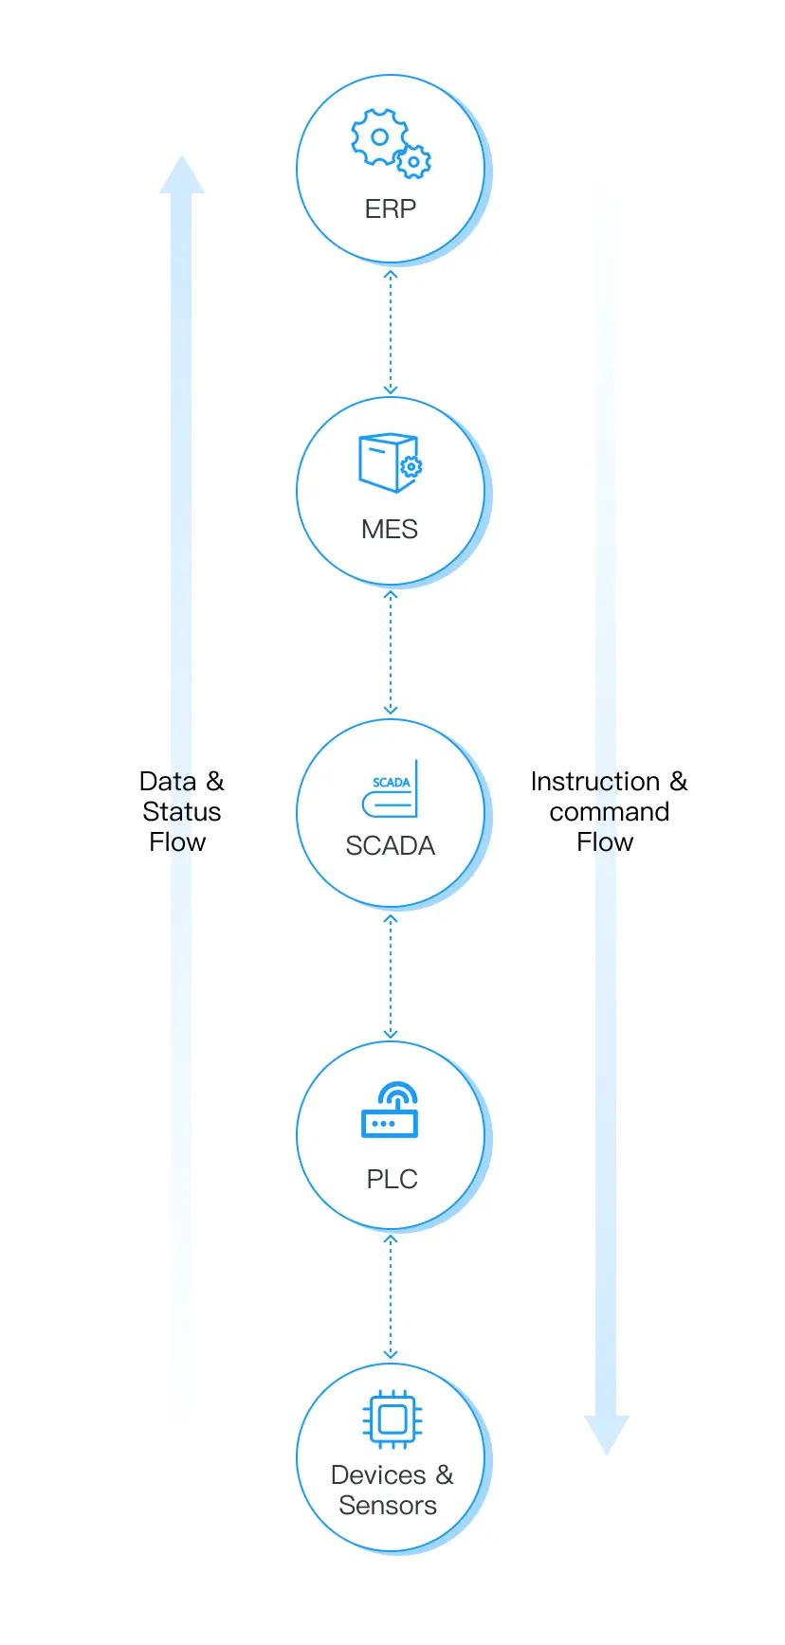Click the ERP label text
(390, 208)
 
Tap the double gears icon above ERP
(390, 143)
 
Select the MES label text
(390, 529)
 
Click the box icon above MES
(390, 462)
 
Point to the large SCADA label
(390, 845)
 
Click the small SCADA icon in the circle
(391, 790)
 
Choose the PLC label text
(392, 1179)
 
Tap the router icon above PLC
(390, 1111)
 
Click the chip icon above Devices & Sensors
(392, 1419)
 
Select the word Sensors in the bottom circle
(388, 1505)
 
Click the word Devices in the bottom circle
(378, 1474)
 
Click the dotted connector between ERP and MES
(390, 332)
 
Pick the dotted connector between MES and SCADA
(390, 653)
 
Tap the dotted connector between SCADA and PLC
(390, 975)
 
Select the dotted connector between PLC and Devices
(390, 1297)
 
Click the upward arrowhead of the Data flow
(181, 175)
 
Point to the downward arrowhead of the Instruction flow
(607, 1434)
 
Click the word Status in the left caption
(181, 811)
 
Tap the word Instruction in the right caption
(594, 781)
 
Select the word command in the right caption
(609, 811)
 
